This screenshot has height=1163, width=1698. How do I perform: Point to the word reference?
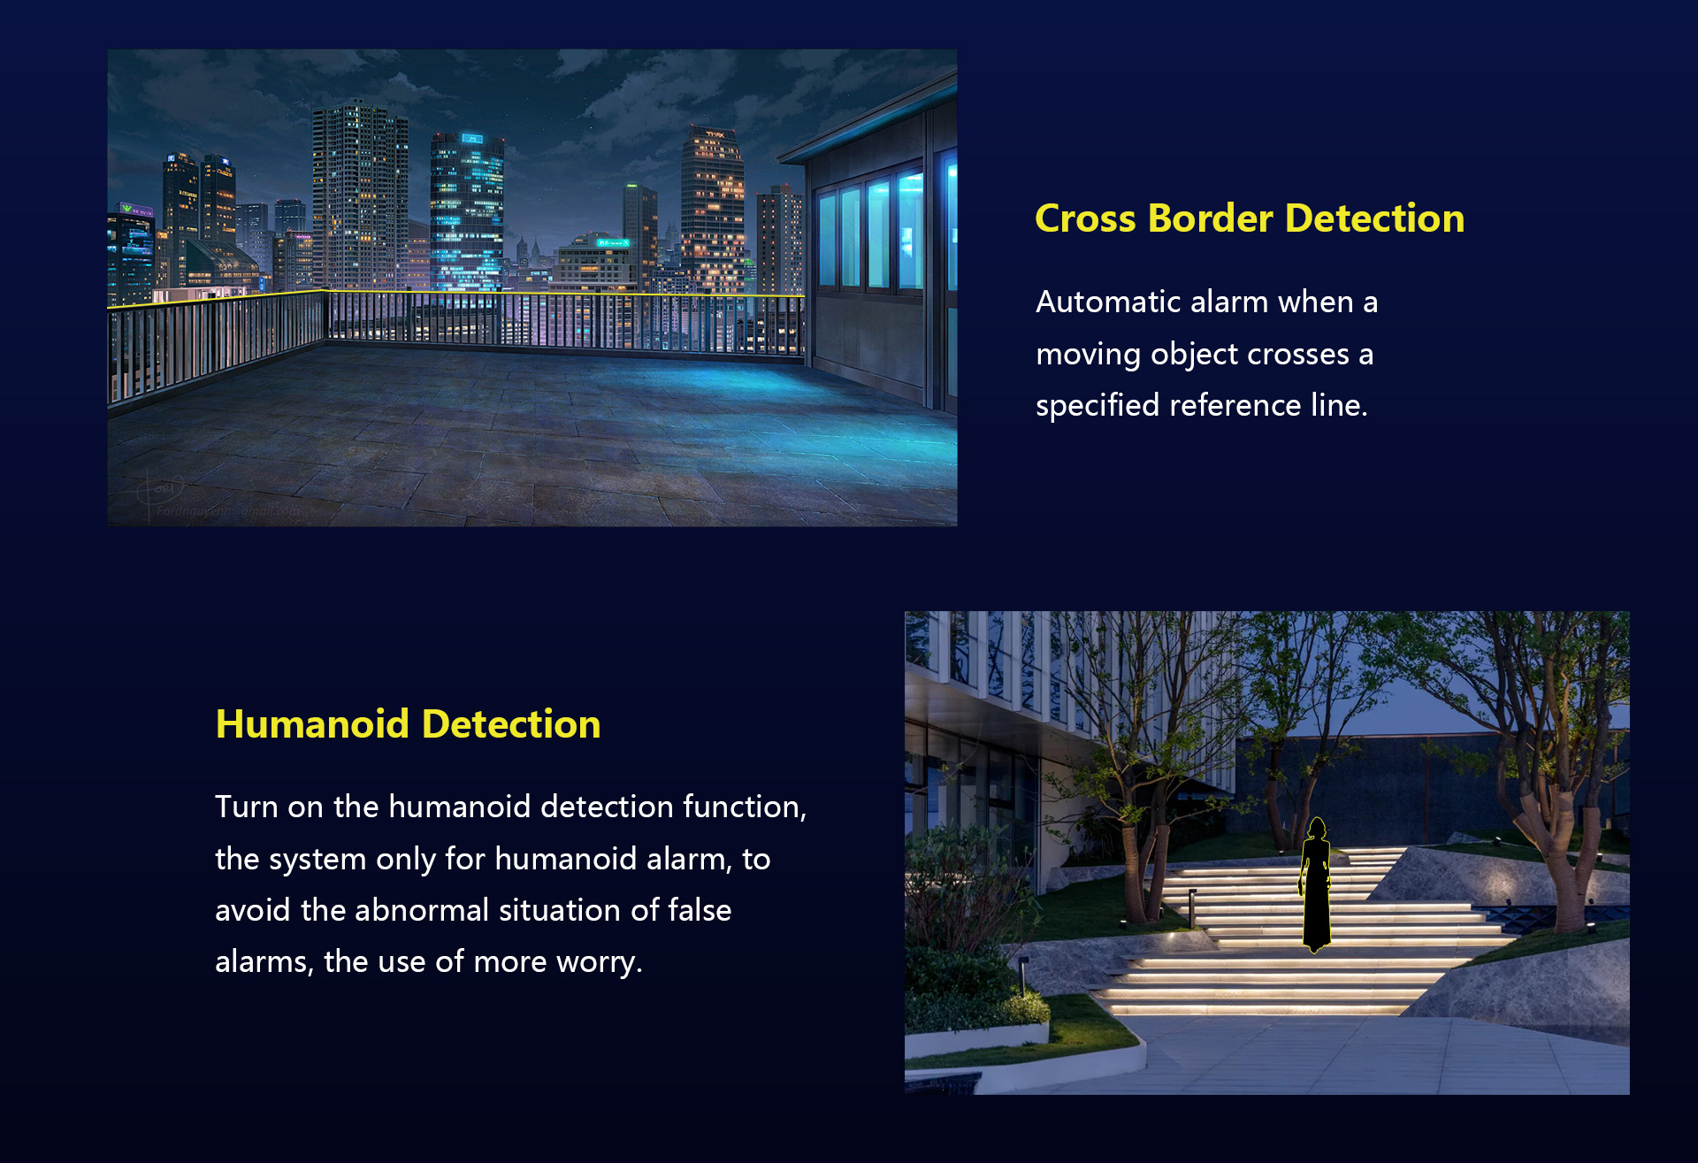pos(1235,405)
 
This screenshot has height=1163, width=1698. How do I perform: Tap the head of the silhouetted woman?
pos(1318,829)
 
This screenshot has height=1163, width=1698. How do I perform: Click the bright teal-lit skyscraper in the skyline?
pos(466,212)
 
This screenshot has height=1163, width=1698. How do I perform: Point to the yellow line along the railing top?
pos(455,294)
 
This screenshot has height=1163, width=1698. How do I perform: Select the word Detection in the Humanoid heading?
pos(512,724)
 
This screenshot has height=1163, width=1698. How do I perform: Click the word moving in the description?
pos(1088,355)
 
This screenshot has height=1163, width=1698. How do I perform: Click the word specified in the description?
pos(1098,405)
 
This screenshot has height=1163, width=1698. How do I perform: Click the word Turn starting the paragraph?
pos(247,807)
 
